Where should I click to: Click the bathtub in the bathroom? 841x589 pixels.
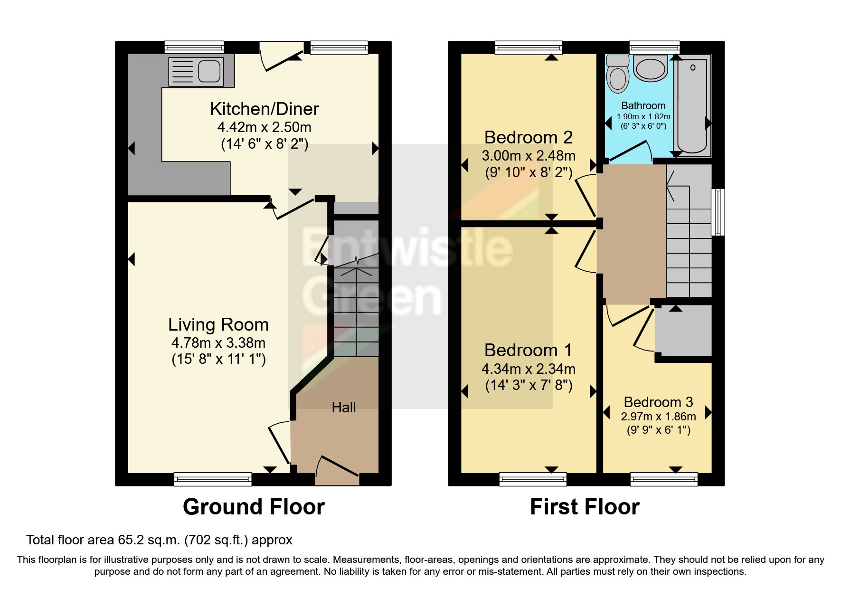pyautogui.click(x=692, y=104)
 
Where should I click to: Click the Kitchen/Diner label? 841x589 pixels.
pyautogui.click(x=265, y=109)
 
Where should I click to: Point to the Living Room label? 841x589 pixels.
pyautogui.click(x=218, y=324)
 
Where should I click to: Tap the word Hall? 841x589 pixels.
pyautogui.click(x=344, y=407)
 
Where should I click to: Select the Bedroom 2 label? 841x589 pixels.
pyautogui.click(x=528, y=137)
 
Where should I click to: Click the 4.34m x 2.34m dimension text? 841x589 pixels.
pyautogui.click(x=528, y=369)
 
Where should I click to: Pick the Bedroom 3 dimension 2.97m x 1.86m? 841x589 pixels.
pyautogui.click(x=658, y=417)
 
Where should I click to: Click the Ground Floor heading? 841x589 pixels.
pyautogui.click(x=254, y=507)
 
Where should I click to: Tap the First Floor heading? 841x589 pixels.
pyautogui.click(x=585, y=507)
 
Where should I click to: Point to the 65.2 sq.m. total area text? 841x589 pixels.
pyautogui.click(x=159, y=540)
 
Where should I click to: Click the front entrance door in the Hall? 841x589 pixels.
pyautogui.click(x=338, y=467)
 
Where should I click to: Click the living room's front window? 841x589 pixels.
pyautogui.click(x=213, y=479)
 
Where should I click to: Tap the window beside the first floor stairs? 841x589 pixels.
pyautogui.click(x=718, y=212)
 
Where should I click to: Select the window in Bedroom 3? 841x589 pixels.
pyautogui.click(x=664, y=479)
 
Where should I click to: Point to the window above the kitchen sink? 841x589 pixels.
pyautogui.click(x=194, y=47)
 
